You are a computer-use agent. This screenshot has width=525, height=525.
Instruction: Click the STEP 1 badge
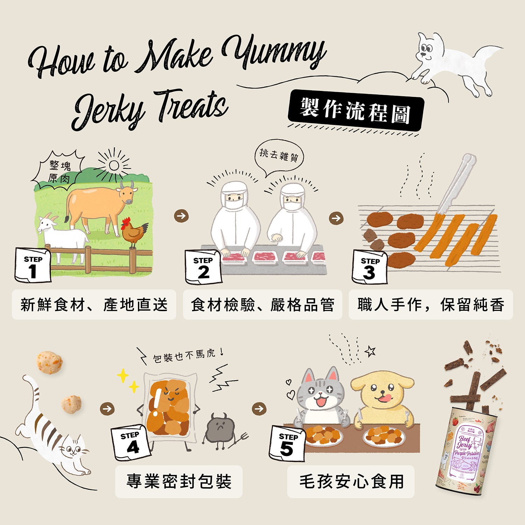pyautogui.click(x=33, y=265)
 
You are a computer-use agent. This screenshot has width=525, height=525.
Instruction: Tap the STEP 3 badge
pyautogui.click(x=370, y=267)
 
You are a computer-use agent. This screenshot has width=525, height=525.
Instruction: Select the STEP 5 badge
pyautogui.click(x=287, y=443)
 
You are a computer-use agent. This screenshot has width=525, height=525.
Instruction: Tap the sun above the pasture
pyautogui.click(x=114, y=166)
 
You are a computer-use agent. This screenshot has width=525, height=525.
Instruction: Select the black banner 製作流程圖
pyautogui.click(x=355, y=110)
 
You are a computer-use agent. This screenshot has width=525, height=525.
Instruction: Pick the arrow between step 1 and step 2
pyautogui.click(x=181, y=216)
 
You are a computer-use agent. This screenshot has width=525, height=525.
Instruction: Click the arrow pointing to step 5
pyautogui.click(x=259, y=408)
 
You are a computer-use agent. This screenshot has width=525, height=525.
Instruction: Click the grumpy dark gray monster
pyautogui.click(x=219, y=429)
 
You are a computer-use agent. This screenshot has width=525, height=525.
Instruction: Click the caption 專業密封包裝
pyautogui.click(x=179, y=482)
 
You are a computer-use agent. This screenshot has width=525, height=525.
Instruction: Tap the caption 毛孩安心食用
pyautogui.click(x=351, y=482)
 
